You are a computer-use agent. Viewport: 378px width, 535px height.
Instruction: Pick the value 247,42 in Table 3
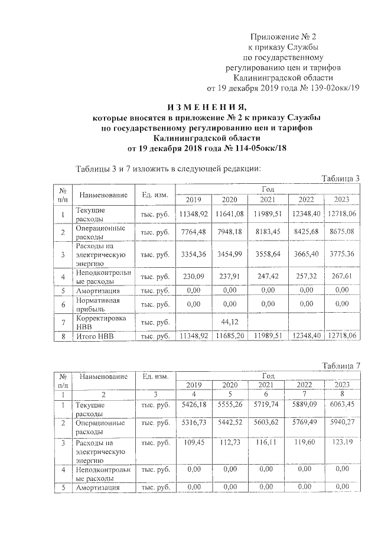click(264, 275)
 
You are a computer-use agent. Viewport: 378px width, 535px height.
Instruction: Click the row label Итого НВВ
click(92, 336)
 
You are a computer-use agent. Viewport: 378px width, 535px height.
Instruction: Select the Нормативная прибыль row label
click(97, 304)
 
